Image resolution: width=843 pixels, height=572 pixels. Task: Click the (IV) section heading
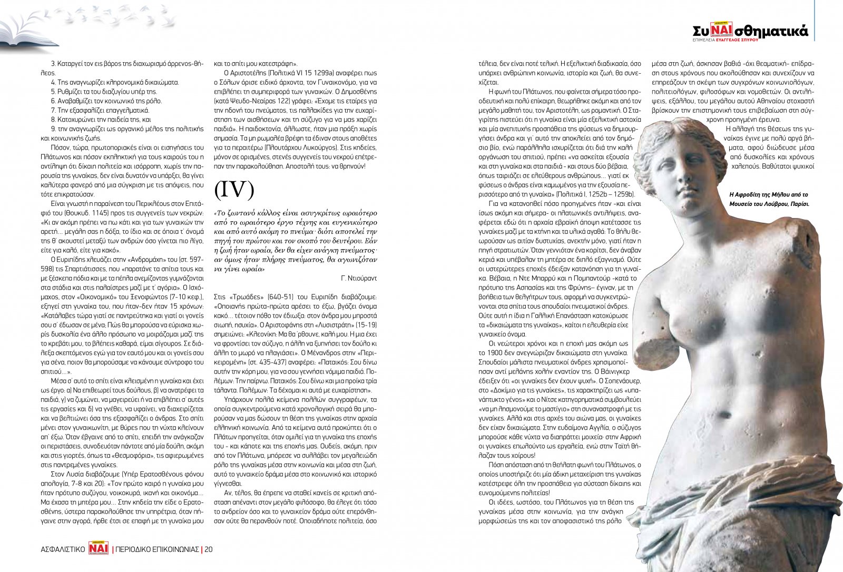[x=234, y=191]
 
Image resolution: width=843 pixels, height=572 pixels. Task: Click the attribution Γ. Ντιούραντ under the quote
[x=358, y=278]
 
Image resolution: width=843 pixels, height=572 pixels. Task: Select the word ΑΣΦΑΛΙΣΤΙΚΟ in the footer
[x=63, y=549]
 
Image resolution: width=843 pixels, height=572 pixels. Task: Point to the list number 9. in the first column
[x=53, y=129]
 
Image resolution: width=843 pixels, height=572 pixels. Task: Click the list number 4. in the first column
[x=53, y=82]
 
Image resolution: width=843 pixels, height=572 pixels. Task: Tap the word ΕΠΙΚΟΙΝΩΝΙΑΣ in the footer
[x=170, y=549]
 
